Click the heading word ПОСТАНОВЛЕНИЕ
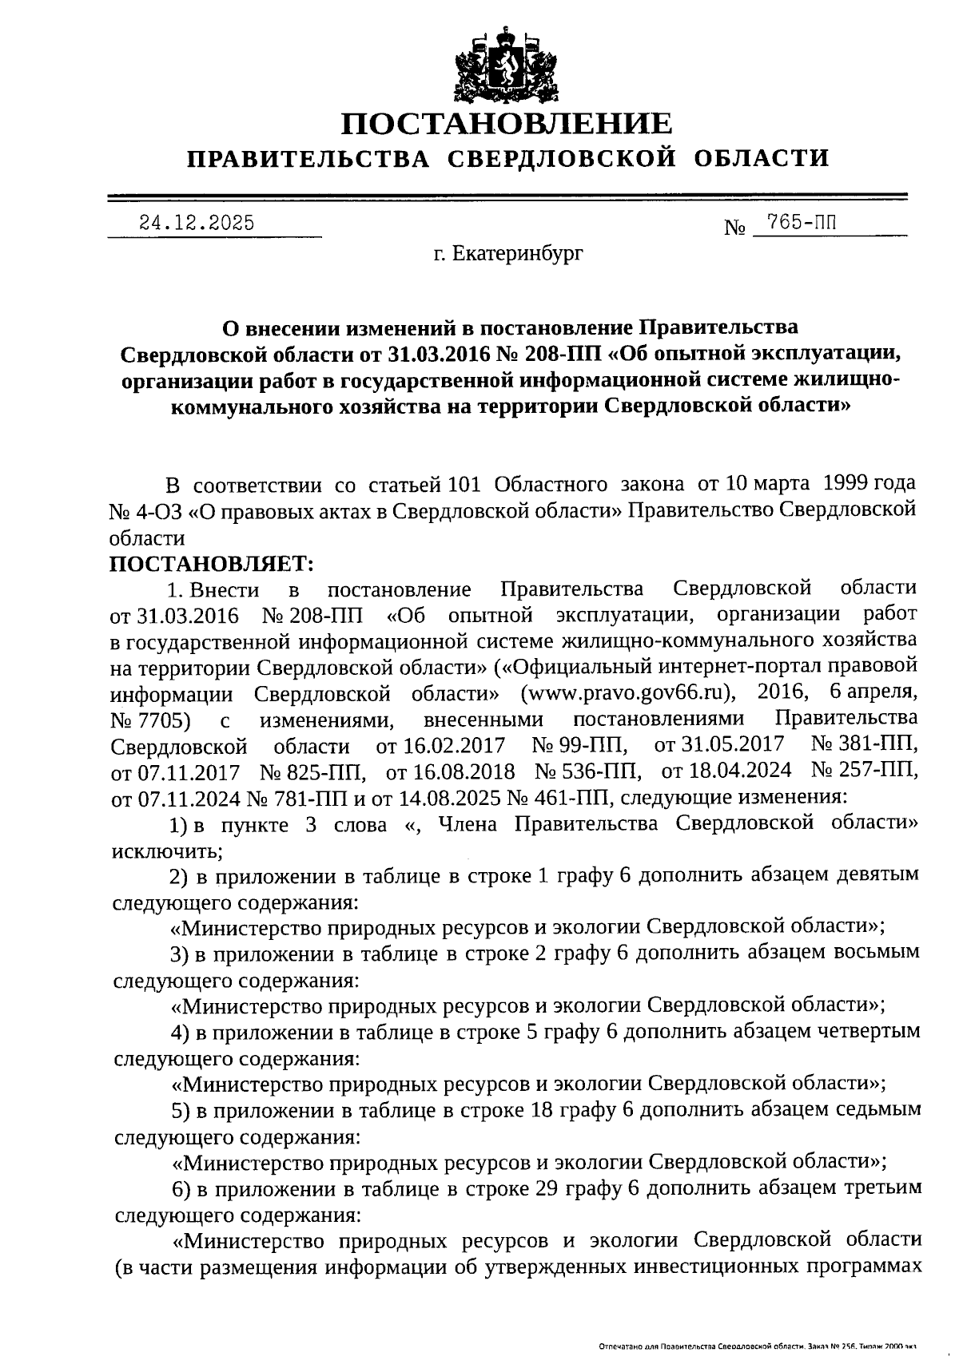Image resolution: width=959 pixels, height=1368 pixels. pyautogui.click(x=507, y=124)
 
